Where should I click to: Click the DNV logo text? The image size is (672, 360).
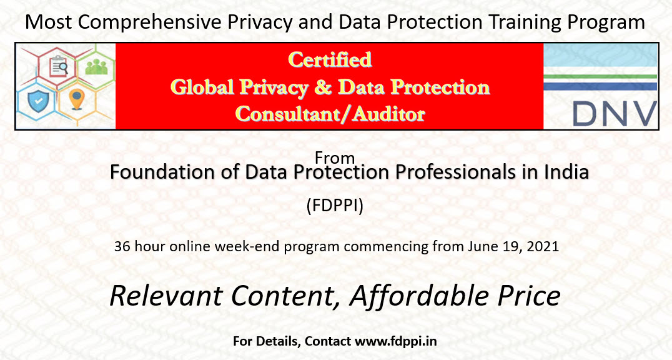[614, 114]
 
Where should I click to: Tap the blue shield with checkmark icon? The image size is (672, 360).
[38, 101]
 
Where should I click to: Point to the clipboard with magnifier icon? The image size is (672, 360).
[59, 66]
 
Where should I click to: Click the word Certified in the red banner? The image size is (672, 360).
[330, 59]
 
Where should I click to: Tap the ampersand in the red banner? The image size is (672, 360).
[323, 87]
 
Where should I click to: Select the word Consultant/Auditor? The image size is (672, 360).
[330, 114]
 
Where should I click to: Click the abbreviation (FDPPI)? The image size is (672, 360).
[335, 206]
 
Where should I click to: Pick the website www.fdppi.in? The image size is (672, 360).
[395, 341]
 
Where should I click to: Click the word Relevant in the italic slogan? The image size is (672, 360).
[165, 296]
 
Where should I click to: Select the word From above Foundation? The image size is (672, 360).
[335, 158]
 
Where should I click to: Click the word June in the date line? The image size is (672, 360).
[482, 246]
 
